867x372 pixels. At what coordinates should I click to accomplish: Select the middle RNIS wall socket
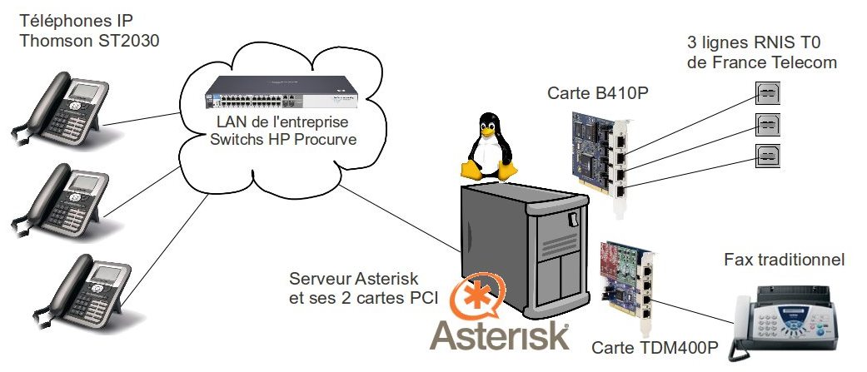[x=767, y=125]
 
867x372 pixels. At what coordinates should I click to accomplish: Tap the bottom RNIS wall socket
[x=767, y=156]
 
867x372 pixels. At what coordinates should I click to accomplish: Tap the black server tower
[x=521, y=250]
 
